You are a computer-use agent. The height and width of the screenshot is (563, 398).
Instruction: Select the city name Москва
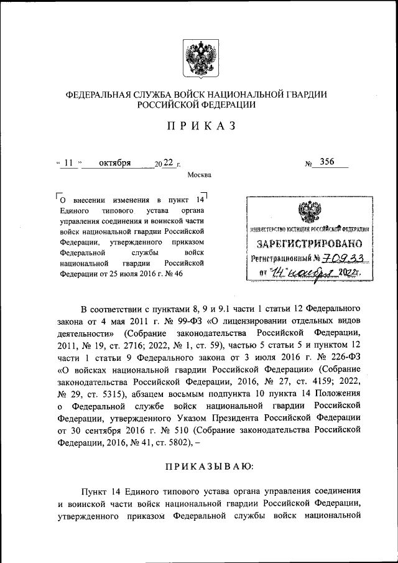click(199, 175)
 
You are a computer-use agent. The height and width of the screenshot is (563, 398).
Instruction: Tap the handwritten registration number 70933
click(342, 258)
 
